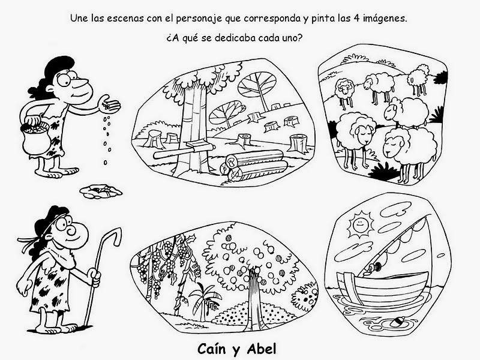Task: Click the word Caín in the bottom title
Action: (x=214, y=349)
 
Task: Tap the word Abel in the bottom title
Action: (x=262, y=349)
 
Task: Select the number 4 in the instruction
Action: (x=356, y=19)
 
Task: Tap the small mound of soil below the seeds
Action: (x=101, y=191)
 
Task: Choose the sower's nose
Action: (x=81, y=83)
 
